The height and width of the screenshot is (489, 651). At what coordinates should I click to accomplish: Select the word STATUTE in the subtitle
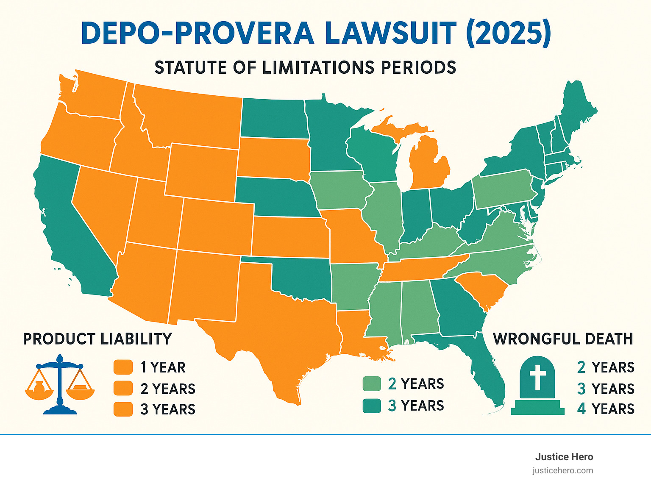pyautogui.click(x=191, y=68)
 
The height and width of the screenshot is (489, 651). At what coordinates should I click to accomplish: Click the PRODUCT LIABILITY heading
pyautogui.click(x=97, y=339)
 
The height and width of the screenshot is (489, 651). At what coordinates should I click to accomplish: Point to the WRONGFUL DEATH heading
pyautogui.click(x=563, y=339)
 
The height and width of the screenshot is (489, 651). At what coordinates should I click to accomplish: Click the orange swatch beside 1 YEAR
pyautogui.click(x=123, y=367)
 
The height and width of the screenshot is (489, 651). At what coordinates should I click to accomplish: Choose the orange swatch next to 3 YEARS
pyautogui.click(x=123, y=409)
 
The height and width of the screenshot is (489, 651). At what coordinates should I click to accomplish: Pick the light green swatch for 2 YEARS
pyautogui.click(x=372, y=383)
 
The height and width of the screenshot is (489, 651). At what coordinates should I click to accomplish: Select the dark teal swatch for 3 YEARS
pyautogui.click(x=372, y=406)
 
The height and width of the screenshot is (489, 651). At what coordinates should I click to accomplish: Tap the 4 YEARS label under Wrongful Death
pyautogui.click(x=606, y=409)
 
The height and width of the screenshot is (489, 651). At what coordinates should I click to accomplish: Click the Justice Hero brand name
pyautogui.click(x=564, y=457)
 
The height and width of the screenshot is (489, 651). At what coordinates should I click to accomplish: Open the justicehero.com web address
pyautogui.click(x=563, y=470)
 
